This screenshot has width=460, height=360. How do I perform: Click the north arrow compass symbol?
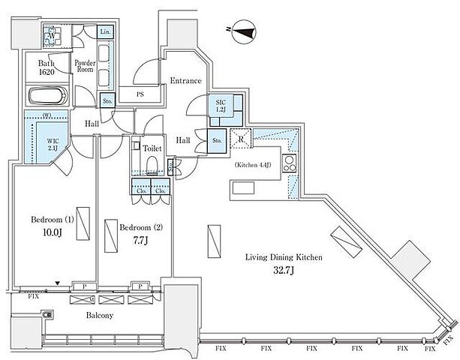tap(244, 31)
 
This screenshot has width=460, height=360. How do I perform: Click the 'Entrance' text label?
tap(185, 81)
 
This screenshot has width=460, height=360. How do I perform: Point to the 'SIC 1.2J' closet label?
tap(221, 106)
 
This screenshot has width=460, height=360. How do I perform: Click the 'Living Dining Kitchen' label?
tap(284, 257)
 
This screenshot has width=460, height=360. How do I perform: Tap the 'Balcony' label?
tap(98, 316)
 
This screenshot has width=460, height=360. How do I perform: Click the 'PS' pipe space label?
tap(140, 94)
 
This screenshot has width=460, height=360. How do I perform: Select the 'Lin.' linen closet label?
tap(107, 31)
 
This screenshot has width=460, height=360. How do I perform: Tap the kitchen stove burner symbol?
tap(290, 164)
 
